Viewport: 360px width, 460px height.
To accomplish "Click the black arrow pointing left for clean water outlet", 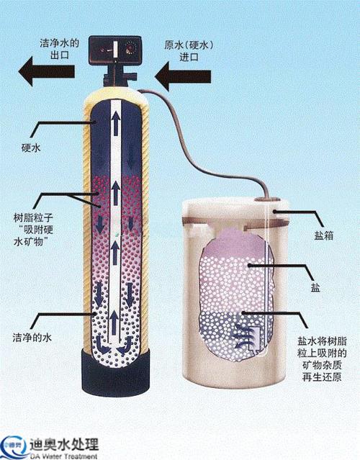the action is coord(46,71).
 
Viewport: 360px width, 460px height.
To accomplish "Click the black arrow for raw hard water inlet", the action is coord(183,76).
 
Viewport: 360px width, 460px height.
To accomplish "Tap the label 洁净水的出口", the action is coord(60,49).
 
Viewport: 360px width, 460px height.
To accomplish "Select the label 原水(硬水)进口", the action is coord(189,51).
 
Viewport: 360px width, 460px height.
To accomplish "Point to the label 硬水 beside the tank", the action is coord(31,148).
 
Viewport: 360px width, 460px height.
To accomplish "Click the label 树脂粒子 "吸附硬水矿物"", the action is coord(33,230).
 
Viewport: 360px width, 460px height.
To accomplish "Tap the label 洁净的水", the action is coord(32,337).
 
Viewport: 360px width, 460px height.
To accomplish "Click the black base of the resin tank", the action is coord(116,371).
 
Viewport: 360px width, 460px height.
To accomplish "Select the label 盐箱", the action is coord(324,235).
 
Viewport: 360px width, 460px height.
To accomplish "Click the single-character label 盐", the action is coord(315,288).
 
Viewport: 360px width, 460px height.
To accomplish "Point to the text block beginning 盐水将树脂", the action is coord(322,359).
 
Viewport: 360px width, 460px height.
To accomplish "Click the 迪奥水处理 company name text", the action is coord(64,444).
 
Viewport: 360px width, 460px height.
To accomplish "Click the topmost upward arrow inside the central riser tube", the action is coord(116,124).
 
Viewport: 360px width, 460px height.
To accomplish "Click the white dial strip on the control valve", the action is coord(115,48).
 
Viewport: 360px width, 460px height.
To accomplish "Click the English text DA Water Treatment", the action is coord(63,456).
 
